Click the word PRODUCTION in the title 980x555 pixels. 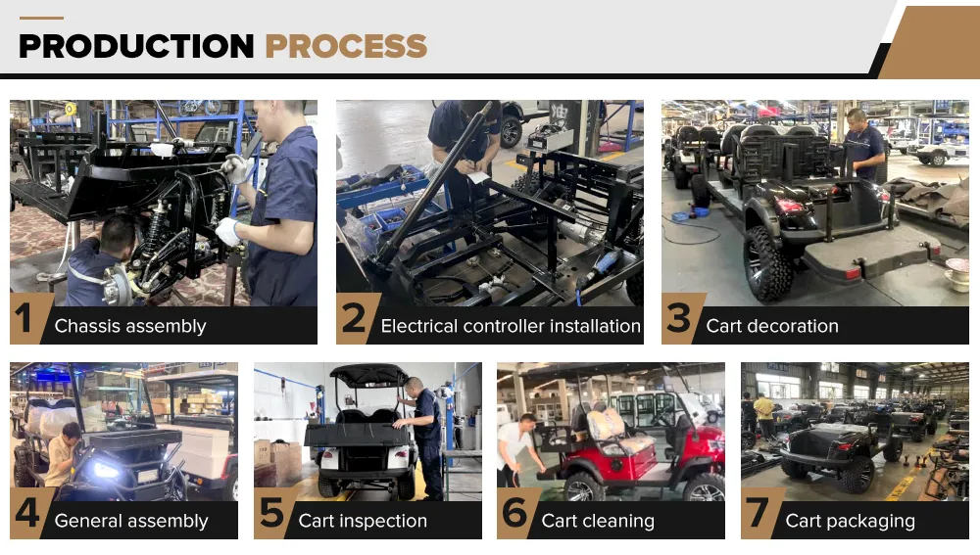point(136,46)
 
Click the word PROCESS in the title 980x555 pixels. point(346,46)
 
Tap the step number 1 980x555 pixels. point(24,318)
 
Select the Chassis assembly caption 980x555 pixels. point(130,326)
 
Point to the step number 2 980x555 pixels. point(354,318)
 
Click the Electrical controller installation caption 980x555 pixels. point(511,326)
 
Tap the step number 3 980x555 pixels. point(679,318)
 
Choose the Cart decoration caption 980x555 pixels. point(772,326)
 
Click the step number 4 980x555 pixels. point(27,513)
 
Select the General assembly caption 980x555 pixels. point(131,521)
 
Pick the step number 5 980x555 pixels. point(271,513)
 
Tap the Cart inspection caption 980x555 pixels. point(363,521)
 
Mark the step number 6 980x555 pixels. point(515,513)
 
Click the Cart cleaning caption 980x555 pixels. point(598,521)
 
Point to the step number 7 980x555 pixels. point(758,513)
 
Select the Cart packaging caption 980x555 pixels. point(850,521)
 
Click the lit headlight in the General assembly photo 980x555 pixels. point(105,470)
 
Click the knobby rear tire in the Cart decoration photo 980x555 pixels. point(767,262)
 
